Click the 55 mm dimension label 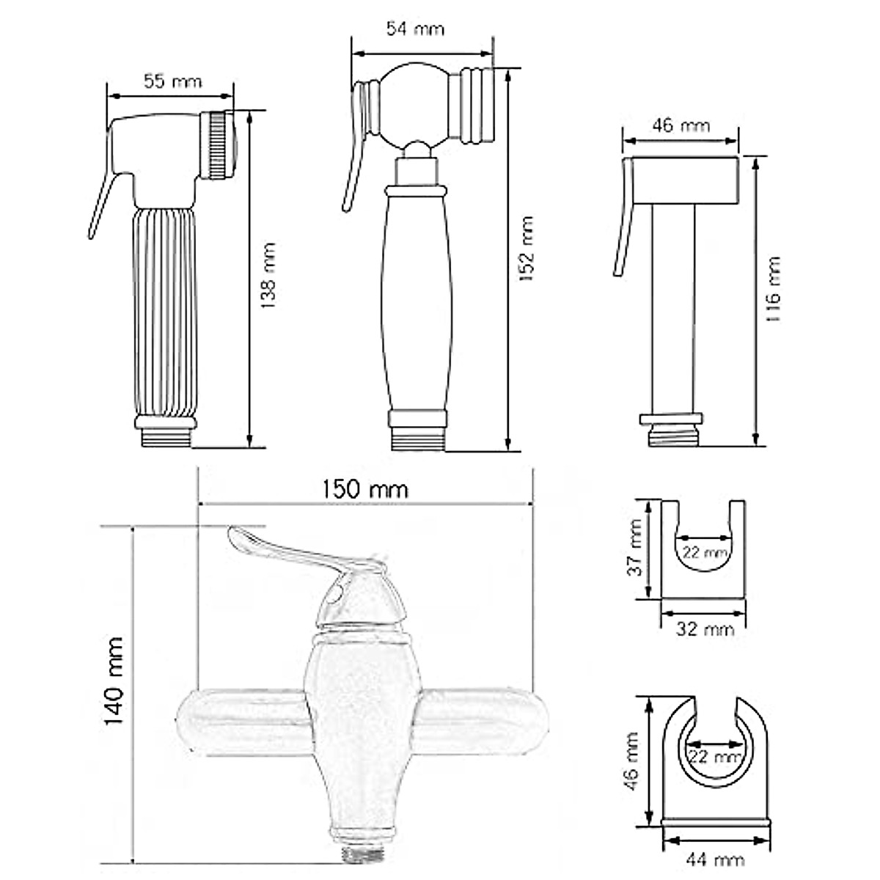click(x=172, y=81)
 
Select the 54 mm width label click(x=415, y=29)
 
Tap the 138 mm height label click(x=269, y=276)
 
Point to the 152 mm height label click(x=527, y=249)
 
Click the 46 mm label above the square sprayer click(x=681, y=125)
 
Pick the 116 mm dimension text click(x=773, y=290)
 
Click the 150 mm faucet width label click(x=365, y=490)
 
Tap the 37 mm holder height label click(x=635, y=548)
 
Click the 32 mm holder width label click(x=705, y=629)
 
